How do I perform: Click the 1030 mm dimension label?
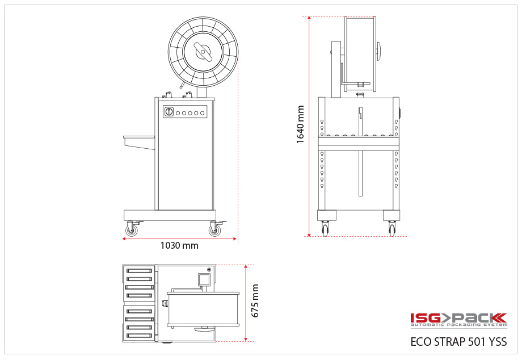click(x=179, y=246)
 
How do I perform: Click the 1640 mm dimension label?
click(x=301, y=124)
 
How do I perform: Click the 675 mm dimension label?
click(x=255, y=301)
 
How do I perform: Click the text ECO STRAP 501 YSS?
click(x=458, y=342)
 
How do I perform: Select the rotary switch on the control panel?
click(x=169, y=112)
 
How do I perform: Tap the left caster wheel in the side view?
click(x=132, y=230)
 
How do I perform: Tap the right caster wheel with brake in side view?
click(x=214, y=230)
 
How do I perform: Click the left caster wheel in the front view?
click(x=325, y=229)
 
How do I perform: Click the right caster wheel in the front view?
click(x=392, y=229)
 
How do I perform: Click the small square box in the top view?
click(x=204, y=279)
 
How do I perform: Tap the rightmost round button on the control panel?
click(x=202, y=113)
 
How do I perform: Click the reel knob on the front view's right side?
click(x=378, y=51)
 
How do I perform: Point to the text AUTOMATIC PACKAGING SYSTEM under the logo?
click(x=458, y=325)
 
